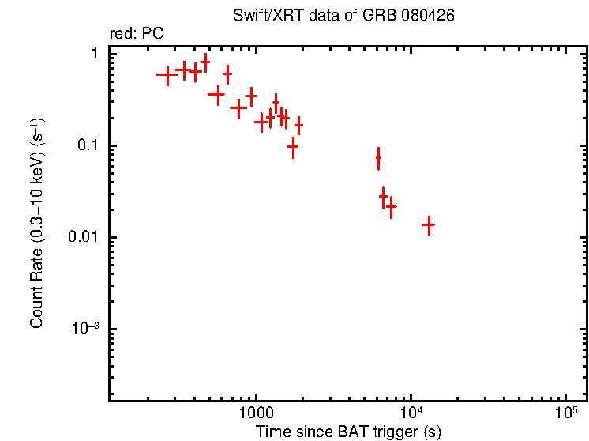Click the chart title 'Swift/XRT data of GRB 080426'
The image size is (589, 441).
tap(343, 16)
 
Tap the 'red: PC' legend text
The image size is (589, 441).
tap(137, 35)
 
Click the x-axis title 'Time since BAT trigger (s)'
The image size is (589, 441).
tap(347, 432)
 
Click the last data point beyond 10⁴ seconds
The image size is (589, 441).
tap(428, 225)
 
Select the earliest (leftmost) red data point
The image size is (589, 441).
tap(167, 75)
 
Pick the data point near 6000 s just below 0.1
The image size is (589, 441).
tap(378, 158)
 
